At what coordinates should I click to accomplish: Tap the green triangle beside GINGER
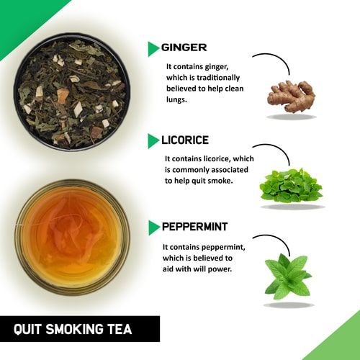click(153, 48)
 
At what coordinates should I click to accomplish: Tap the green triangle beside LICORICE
click(153, 140)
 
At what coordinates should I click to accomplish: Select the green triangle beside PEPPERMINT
click(153, 228)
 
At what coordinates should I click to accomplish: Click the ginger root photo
click(292, 95)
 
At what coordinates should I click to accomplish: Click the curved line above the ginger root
click(274, 59)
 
